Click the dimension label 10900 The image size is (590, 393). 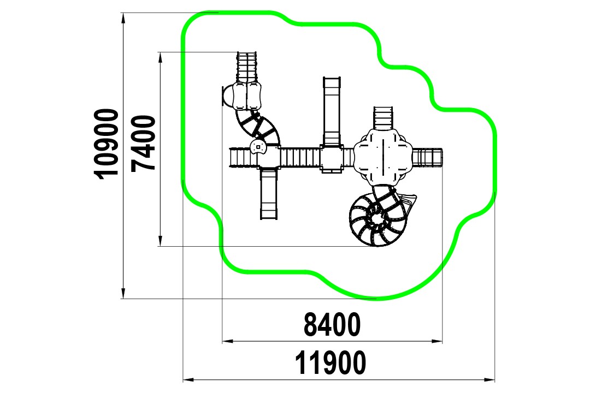click(108, 144)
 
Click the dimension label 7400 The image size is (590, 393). click(143, 144)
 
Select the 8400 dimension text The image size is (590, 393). click(332, 325)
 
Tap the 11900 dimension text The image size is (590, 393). click(330, 362)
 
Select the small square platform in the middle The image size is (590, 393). click(332, 158)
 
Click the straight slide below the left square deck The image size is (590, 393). click(269, 194)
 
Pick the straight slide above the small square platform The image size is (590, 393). click(332, 111)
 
